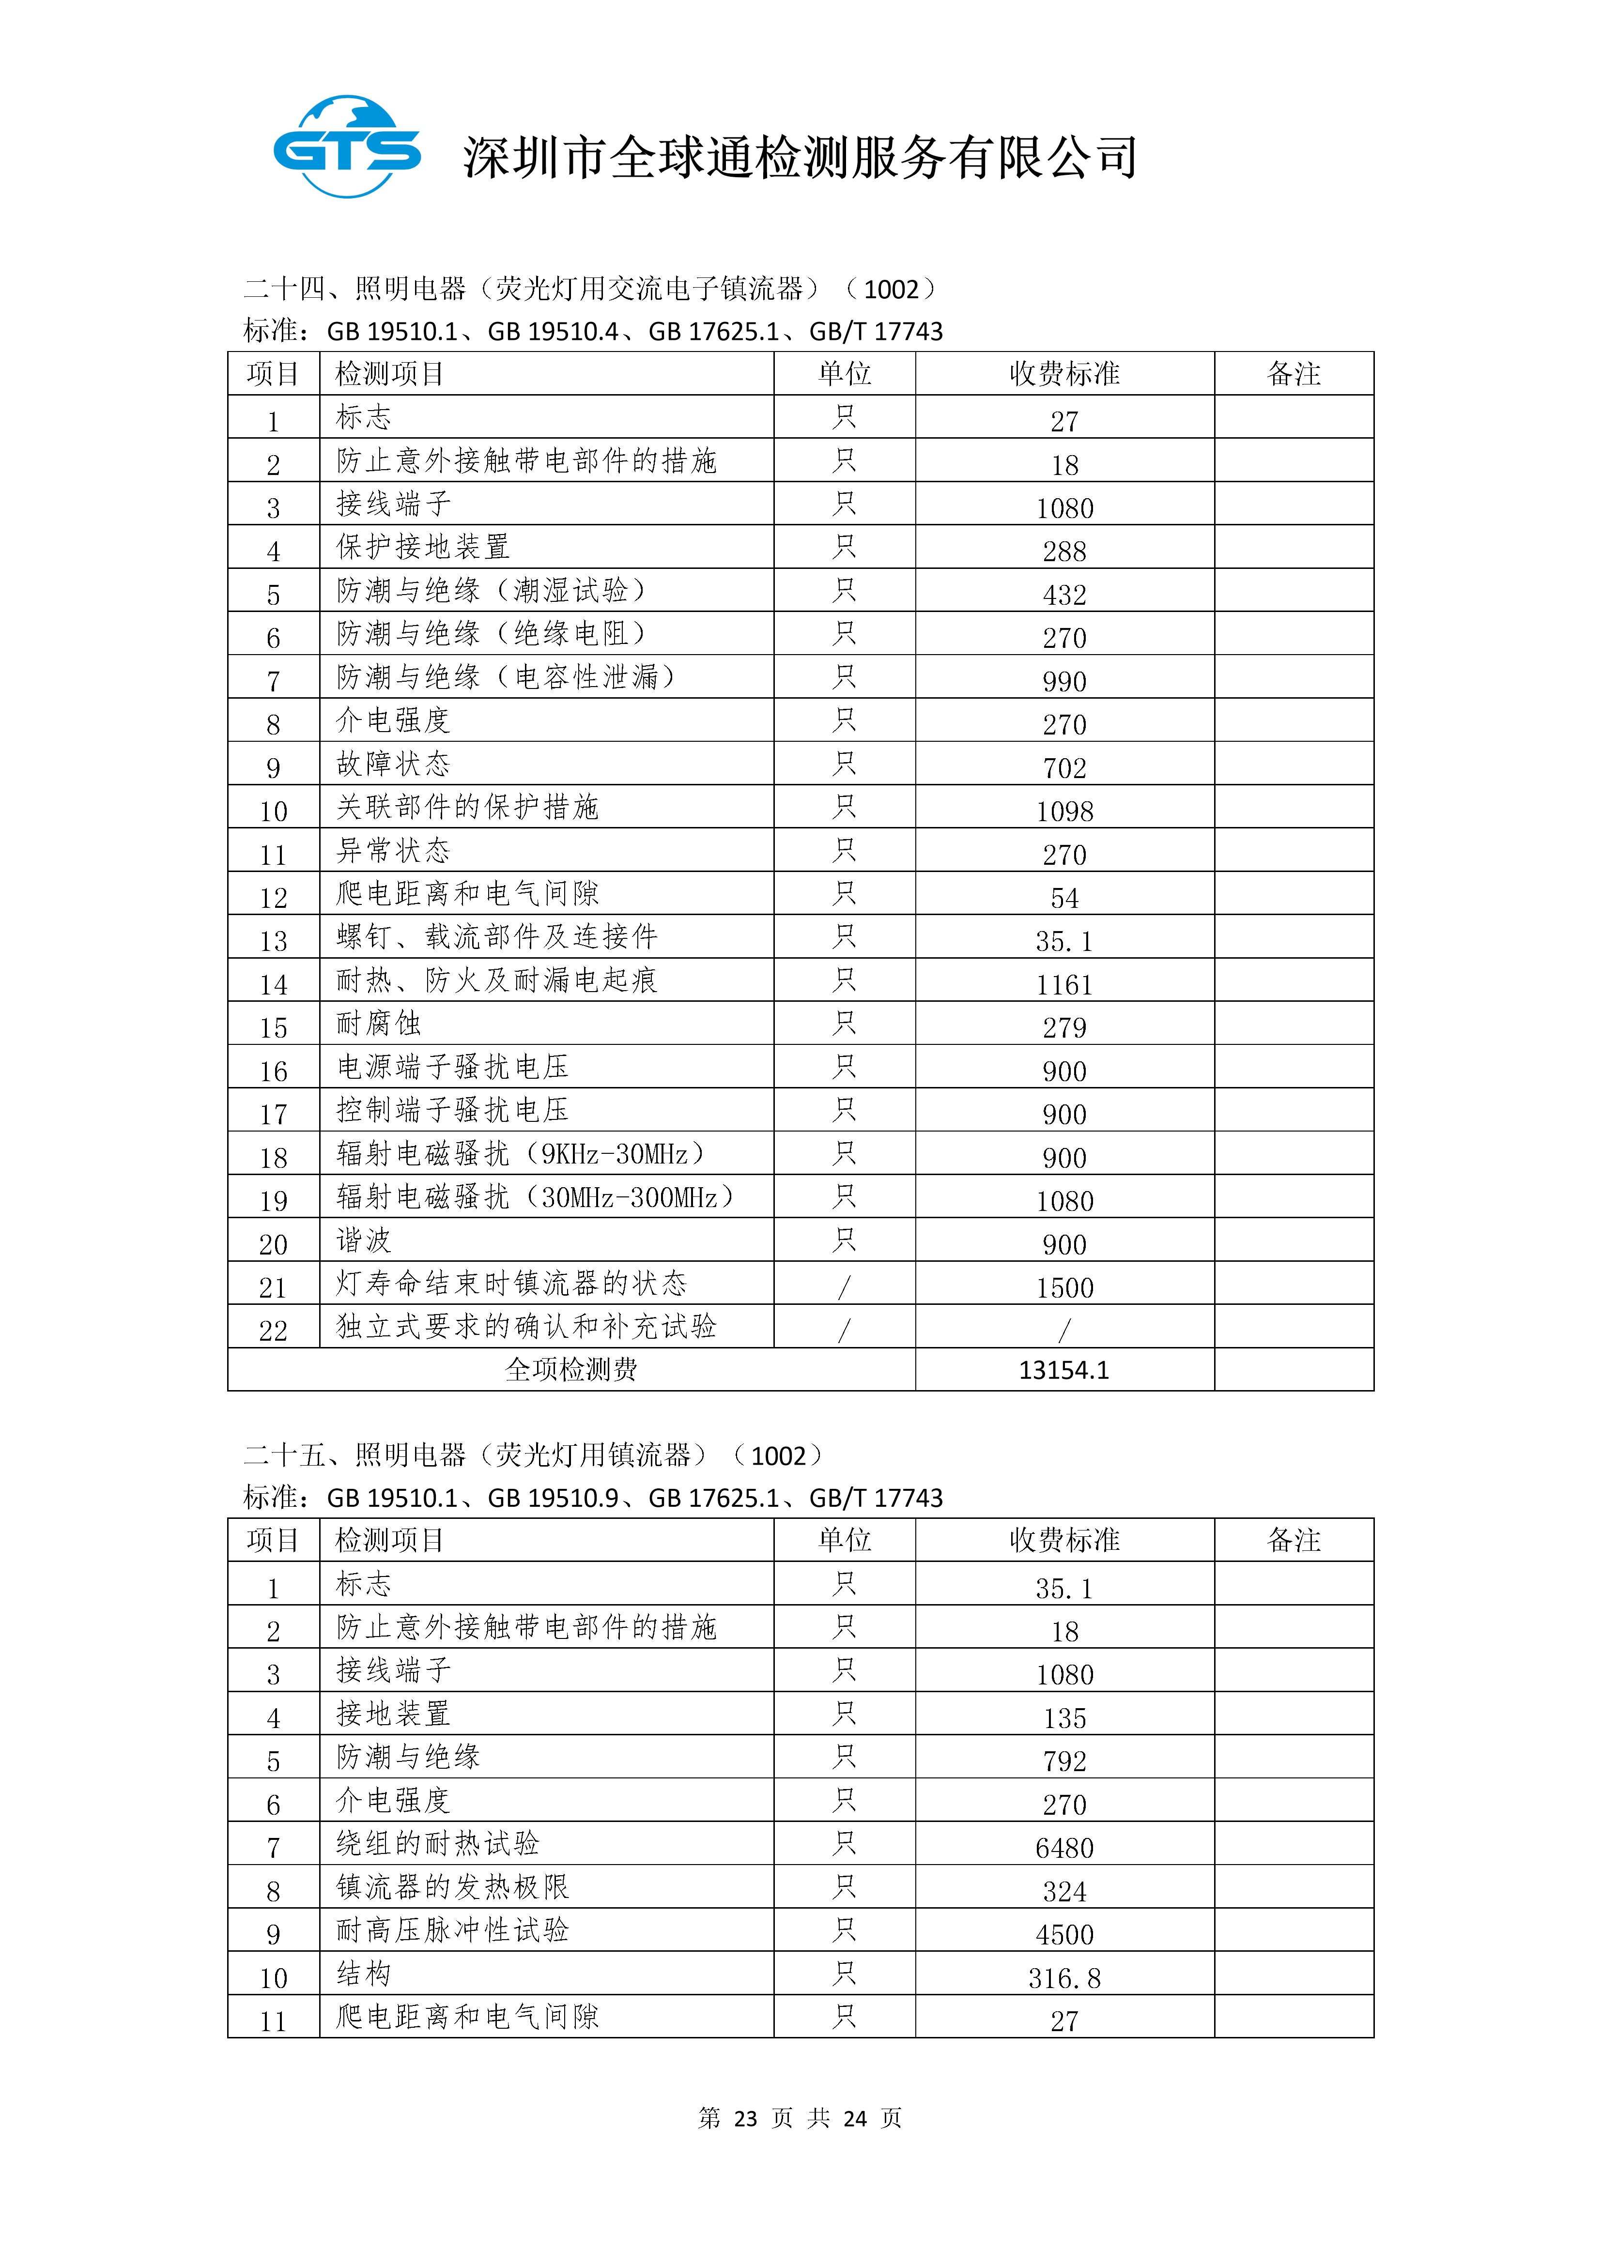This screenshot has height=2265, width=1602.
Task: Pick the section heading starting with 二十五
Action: point(533,1455)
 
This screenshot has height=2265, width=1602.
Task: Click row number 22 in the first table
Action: point(273,1331)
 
